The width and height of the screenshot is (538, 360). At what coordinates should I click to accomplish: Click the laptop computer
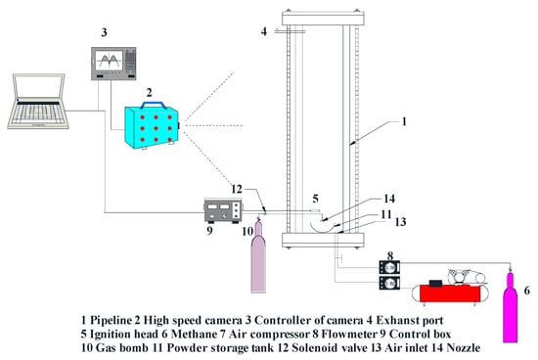click(38, 101)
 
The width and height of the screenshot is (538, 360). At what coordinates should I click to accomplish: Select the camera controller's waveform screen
click(109, 61)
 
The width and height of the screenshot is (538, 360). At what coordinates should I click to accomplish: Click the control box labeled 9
click(223, 211)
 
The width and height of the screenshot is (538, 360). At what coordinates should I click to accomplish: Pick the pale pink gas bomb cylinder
click(258, 256)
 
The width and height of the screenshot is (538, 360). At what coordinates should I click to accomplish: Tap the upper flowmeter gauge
click(389, 267)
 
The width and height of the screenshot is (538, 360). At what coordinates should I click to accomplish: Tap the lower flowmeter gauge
click(389, 283)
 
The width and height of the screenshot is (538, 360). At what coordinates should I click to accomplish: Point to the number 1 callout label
click(404, 121)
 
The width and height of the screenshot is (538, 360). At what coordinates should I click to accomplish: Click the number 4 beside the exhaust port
click(263, 31)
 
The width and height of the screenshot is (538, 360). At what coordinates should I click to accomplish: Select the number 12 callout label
click(237, 189)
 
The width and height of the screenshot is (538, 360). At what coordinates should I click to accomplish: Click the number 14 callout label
click(389, 199)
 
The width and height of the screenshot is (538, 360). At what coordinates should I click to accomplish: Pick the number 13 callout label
click(400, 222)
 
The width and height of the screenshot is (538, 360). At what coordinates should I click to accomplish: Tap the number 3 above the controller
click(104, 32)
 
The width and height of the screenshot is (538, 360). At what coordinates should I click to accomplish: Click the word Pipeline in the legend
click(111, 321)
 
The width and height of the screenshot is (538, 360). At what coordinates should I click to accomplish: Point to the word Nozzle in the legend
click(464, 348)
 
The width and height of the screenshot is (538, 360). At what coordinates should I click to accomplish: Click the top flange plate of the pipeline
click(323, 19)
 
